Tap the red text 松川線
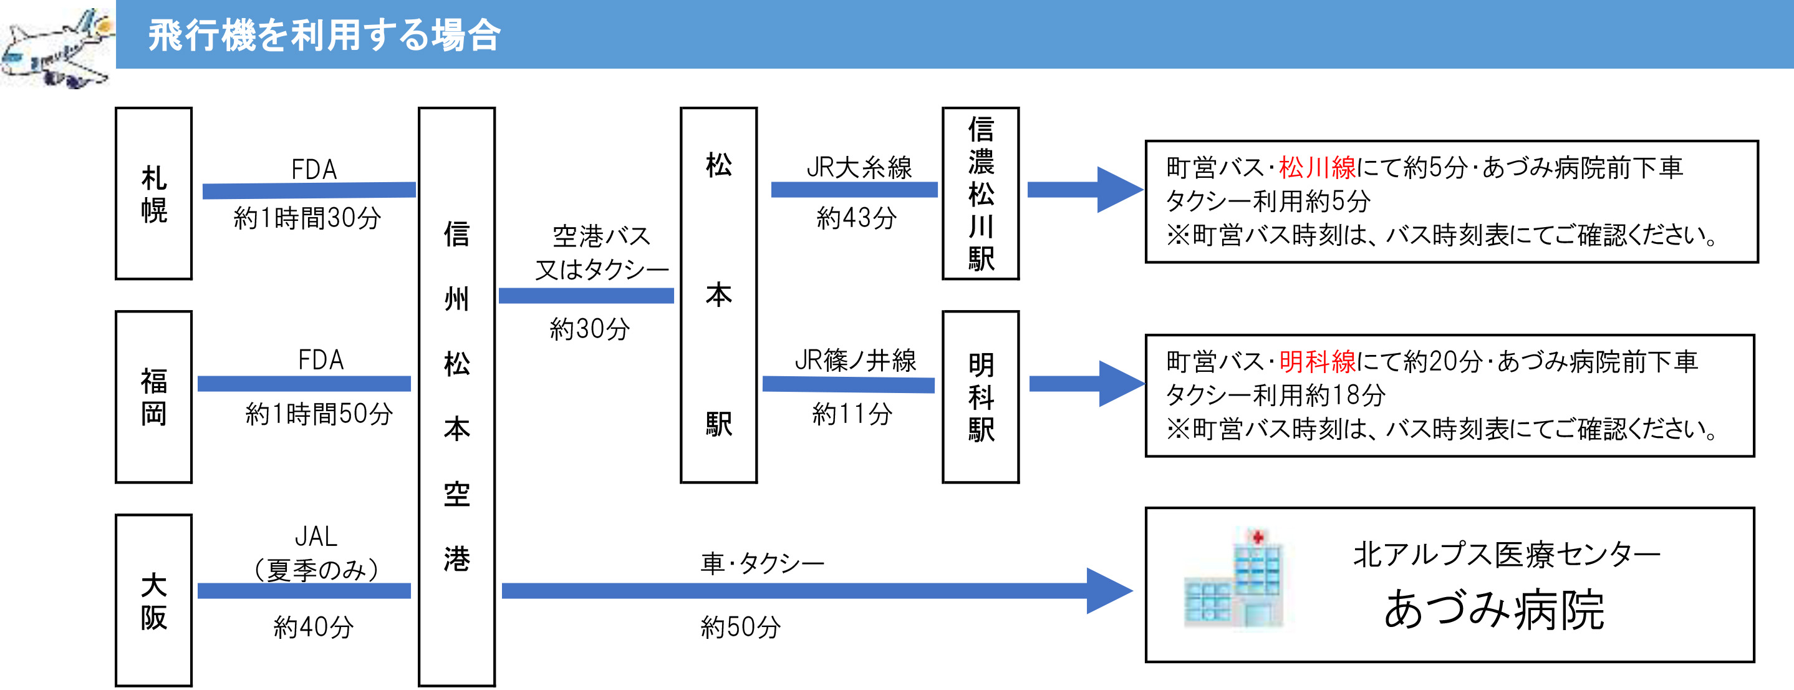(x=1317, y=167)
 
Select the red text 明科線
(x=1317, y=361)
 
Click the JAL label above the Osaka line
(x=316, y=536)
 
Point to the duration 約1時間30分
(x=307, y=218)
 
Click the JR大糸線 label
(x=859, y=167)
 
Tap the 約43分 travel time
(x=857, y=218)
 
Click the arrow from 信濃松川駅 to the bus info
(x=1085, y=190)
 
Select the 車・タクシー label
(x=763, y=563)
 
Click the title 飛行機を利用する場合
(x=324, y=35)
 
